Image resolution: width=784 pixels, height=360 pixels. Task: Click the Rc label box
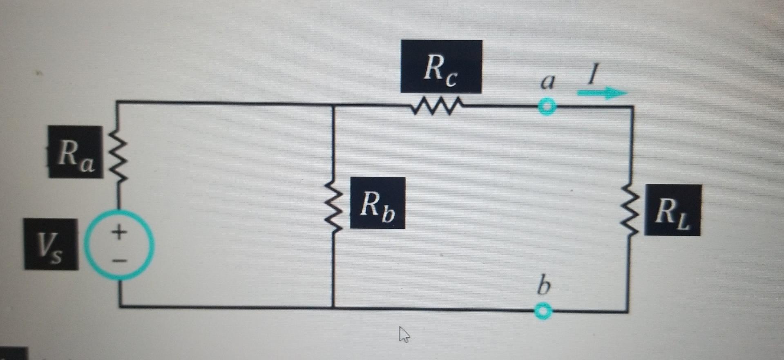tap(441, 66)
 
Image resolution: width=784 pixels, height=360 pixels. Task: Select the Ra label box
tap(76, 152)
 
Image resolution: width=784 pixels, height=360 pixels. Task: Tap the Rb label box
tap(377, 203)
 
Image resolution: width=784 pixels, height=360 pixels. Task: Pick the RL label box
tap(672, 210)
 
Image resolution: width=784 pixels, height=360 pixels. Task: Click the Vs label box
tap(51, 244)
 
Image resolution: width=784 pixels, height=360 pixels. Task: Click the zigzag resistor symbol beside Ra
tap(118, 156)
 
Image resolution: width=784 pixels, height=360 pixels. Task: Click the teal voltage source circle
tap(119, 245)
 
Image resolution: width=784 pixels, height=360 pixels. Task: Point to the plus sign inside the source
tap(119, 232)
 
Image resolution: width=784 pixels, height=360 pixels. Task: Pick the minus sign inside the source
tap(119, 260)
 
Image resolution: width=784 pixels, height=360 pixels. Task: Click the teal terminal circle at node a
tap(547, 107)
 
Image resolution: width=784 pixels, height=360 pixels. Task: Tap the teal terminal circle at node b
tap(543, 311)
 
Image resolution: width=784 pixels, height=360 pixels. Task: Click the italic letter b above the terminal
tap(543, 286)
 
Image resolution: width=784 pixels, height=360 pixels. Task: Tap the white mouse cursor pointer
tap(404, 334)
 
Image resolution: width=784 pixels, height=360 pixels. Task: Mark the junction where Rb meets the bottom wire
tap(333, 307)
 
